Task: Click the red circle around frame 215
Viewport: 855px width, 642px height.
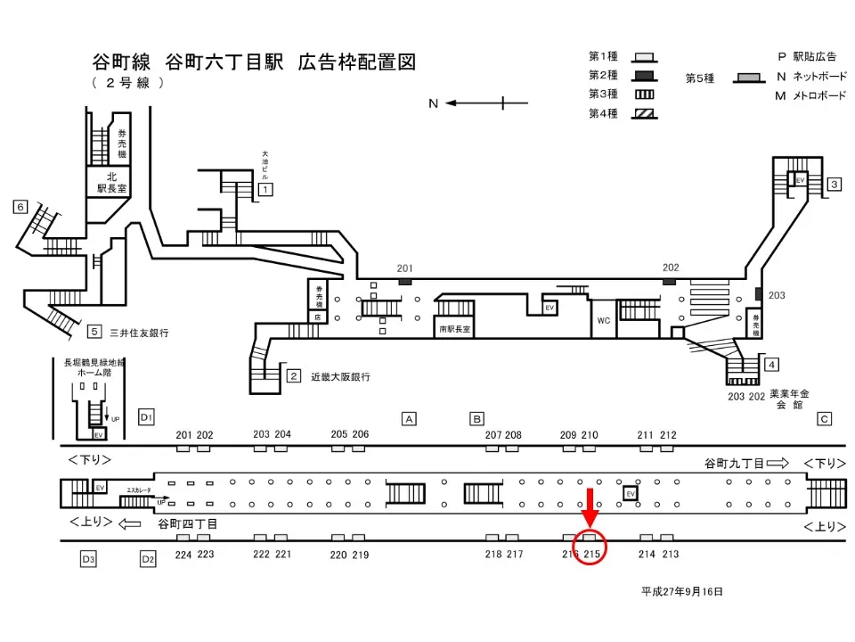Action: (590, 546)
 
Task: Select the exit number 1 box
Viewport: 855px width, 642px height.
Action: (265, 189)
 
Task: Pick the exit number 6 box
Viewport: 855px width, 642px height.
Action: (20, 207)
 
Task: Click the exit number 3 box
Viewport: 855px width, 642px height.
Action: (835, 185)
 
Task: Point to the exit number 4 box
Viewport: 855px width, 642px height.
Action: (772, 363)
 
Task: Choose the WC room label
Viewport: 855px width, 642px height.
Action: (603, 319)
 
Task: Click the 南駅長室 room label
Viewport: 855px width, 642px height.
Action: (454, 329)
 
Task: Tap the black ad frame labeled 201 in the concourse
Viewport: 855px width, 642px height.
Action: (405, 281)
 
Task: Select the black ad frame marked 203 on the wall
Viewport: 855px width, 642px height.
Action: (758, 294)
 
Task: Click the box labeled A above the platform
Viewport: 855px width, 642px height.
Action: (409, 418)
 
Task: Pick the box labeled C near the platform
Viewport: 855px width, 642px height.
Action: (824, 418)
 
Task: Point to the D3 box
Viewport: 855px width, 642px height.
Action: (87, 559)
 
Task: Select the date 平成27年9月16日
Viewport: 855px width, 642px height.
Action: (682, 591)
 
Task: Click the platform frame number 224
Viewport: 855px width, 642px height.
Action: (183, 555)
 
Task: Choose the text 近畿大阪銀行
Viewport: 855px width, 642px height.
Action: (340, 376)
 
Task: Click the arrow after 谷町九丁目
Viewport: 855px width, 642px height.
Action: (778, 464)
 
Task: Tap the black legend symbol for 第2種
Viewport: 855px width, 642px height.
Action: (645, 76)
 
